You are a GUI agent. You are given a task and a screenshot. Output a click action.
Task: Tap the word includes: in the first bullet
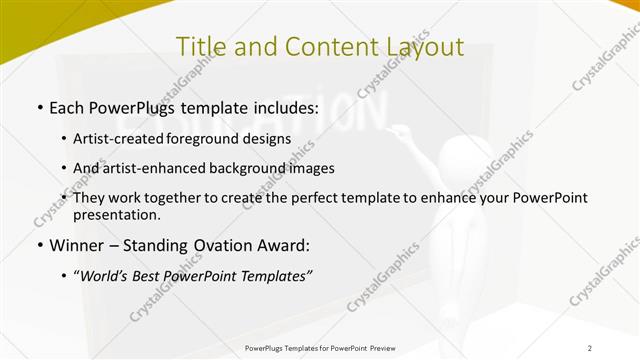281,106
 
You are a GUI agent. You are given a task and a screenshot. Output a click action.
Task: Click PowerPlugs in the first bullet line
136,106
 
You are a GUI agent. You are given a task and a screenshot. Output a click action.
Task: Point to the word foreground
224,139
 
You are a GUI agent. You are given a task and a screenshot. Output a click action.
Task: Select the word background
261,168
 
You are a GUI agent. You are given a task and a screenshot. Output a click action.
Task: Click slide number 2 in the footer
590,347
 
